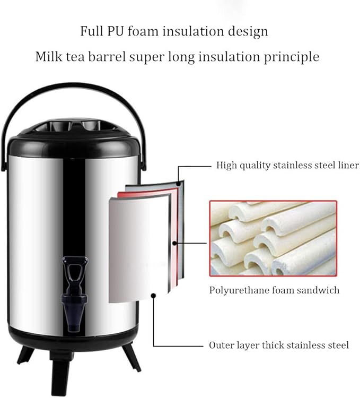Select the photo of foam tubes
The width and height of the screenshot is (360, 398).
click(273, 238)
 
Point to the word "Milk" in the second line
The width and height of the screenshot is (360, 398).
click(48, 56)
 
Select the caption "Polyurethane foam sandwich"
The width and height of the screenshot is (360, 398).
click(274, 290)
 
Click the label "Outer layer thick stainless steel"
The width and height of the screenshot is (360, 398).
click(279, 345)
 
